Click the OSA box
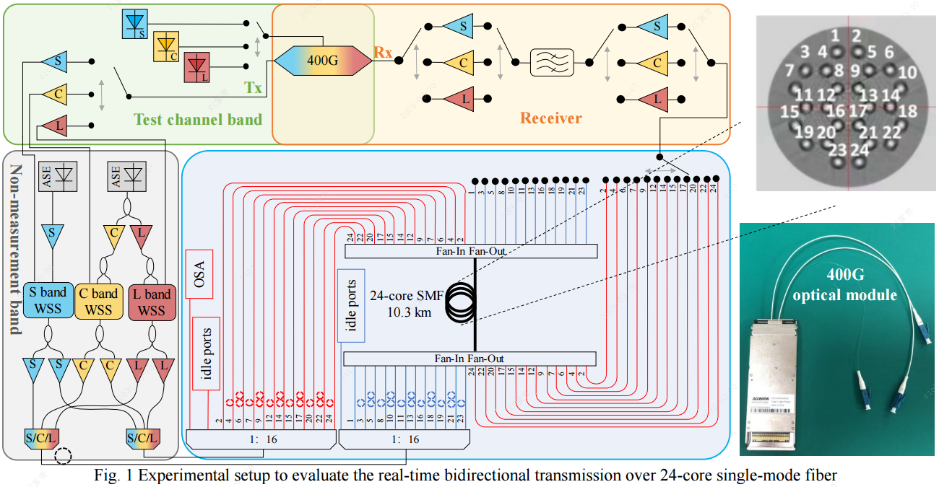(x=199, y=273)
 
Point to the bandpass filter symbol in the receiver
(x=552, y=62)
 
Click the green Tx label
(x=253, y=88)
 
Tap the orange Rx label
(x=383, y=52)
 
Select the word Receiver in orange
(x=551, y=118)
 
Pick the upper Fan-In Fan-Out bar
(x=470, y=250)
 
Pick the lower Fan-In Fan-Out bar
(x=469, y=359)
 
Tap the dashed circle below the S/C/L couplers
(x=64, y=456)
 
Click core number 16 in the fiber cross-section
(x=835, y=112)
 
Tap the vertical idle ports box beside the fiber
(x=351, y=305)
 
